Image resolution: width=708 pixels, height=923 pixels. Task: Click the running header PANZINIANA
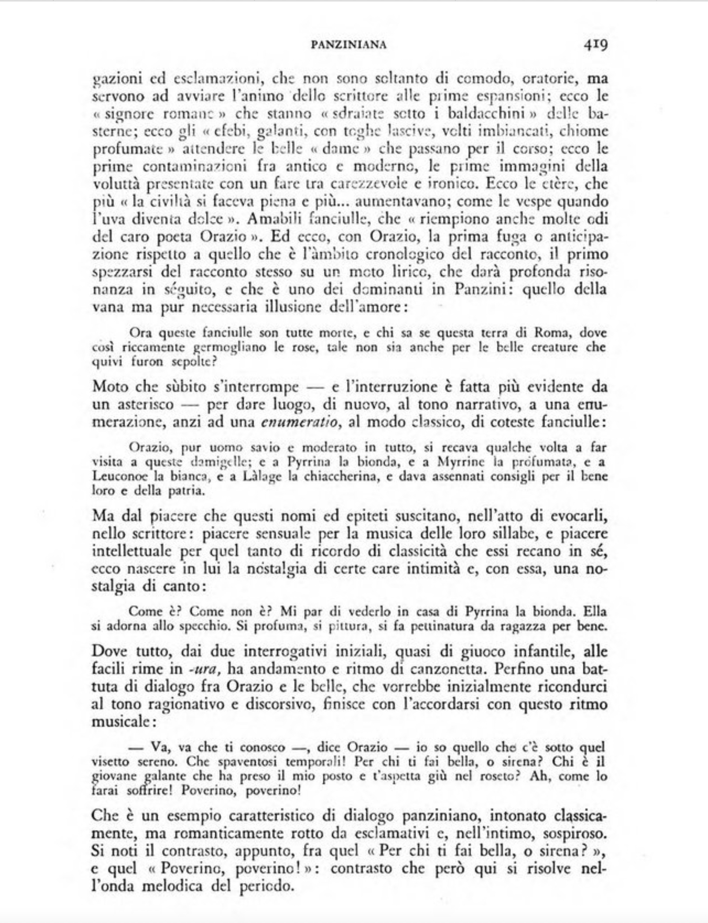(x=348, y=45)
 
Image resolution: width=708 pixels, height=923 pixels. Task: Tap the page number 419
(x=595, y=45)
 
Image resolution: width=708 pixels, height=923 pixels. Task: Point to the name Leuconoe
(x=114, y=476)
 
